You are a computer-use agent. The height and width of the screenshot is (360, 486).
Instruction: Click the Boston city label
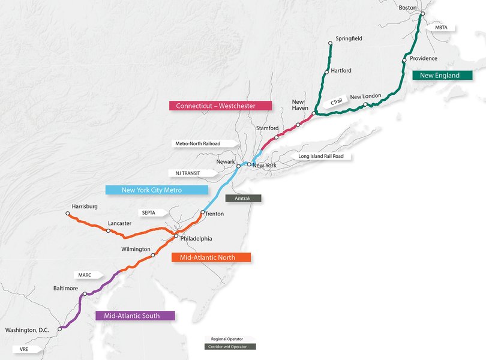coord(408,7)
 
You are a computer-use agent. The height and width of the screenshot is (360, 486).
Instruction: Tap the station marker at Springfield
coord(330,43)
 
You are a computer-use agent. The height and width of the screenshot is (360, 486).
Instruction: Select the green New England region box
coord(439,76)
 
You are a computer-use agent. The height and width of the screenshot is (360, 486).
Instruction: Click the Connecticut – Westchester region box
coord(220,106)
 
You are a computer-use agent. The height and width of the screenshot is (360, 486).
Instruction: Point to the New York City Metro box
coord(157,190)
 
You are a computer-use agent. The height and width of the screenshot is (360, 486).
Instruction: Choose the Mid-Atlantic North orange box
coord(211,257)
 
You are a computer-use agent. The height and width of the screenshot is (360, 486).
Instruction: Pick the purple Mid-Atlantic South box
coord(135,315)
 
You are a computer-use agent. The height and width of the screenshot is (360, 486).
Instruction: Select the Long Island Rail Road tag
coord(322,157)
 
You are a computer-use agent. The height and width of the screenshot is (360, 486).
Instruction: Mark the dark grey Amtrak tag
coord(242,197)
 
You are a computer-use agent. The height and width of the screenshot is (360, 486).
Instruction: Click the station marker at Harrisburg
coord(68,214)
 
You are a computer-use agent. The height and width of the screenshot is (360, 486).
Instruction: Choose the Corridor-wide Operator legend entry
coord(230,346)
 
